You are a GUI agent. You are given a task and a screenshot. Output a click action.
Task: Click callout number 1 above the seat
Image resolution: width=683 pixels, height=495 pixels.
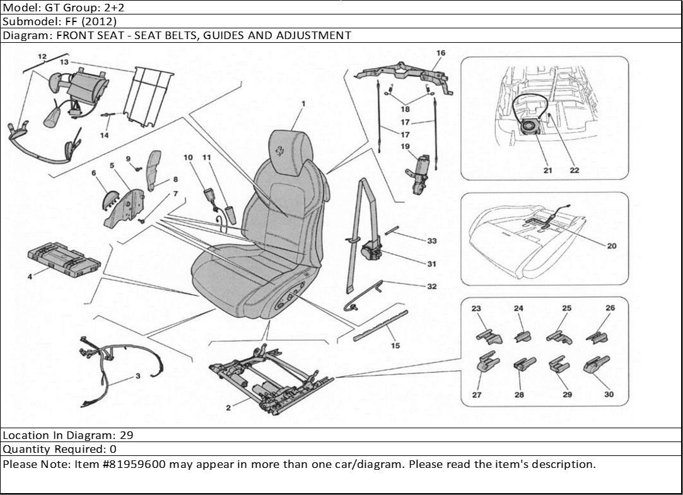click(x=303, y=103)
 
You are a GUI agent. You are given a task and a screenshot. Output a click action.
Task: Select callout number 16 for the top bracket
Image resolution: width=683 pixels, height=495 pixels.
click(x=440, y=53)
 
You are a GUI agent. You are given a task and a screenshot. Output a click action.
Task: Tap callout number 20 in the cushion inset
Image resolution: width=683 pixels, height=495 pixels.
click(x=611, y=246)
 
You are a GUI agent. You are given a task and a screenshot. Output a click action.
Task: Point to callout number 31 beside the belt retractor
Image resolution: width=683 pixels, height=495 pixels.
click(x=431, y=264)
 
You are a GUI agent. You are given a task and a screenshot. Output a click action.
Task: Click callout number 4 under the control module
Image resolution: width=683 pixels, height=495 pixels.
click(x=30, y=276)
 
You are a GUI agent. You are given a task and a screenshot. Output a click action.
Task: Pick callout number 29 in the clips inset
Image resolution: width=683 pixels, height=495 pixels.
click(x=567, y=394)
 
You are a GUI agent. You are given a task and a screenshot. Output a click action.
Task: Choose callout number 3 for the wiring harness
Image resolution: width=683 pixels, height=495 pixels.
click(x=137, y=376)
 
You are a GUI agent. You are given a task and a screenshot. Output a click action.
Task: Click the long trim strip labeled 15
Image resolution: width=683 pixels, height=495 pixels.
click(x=380, y=326)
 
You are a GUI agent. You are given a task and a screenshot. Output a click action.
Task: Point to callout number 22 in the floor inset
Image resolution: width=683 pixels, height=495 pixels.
click(x=575, y=170)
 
